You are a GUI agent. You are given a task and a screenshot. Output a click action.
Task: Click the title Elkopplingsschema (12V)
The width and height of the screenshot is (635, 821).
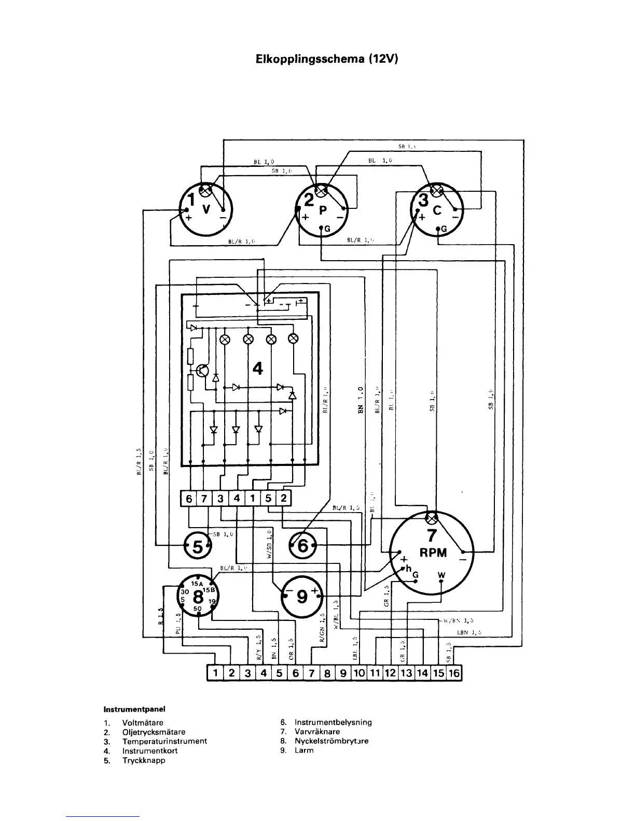pos(327,59)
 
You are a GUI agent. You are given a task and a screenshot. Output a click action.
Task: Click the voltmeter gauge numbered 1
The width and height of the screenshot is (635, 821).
pos(206,210)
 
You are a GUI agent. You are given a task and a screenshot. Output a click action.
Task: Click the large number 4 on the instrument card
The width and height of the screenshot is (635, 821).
pos(257,369)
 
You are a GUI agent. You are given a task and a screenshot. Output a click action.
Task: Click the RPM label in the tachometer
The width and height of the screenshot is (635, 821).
pos(433,553)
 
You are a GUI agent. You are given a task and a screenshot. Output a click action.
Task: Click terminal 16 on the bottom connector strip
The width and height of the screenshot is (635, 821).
pos(454,673)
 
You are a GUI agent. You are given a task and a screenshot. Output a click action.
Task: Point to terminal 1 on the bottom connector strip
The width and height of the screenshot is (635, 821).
pos(215,673)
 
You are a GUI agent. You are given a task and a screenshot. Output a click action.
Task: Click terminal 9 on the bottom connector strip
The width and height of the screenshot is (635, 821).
pos(342,673)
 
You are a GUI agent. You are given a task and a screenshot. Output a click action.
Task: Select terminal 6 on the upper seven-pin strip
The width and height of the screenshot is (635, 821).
pos(189,499)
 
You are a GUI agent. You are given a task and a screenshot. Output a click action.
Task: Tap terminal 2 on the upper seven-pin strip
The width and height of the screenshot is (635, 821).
pos(283,499)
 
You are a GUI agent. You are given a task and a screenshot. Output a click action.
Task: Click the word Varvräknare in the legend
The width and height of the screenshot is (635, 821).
pos(317,732)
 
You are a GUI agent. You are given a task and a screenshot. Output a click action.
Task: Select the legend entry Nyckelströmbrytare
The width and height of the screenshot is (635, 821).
pos(332,741)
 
